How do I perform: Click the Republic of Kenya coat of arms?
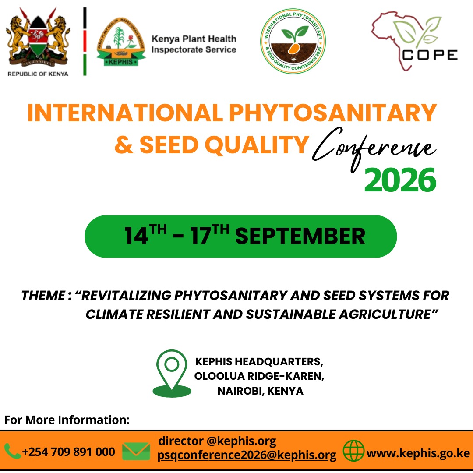38,38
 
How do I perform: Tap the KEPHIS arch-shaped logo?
121,42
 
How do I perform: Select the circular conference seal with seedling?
293,41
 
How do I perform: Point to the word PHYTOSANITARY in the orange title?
333,113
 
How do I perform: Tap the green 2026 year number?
400,180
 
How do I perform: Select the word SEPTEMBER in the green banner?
300,236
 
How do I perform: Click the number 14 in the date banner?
136,236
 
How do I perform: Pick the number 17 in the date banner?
201,236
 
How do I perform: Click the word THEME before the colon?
43,296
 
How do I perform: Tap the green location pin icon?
172,374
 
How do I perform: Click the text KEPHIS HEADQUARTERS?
259,361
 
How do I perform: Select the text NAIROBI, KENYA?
260,391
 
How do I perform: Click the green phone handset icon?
12,451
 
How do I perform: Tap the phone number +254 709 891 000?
68,452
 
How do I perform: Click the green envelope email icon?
136,451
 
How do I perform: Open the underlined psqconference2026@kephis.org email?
247,455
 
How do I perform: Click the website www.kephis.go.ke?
418,453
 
